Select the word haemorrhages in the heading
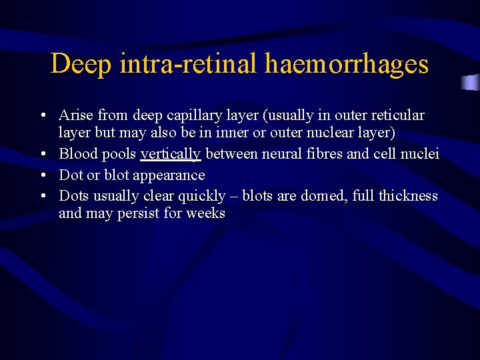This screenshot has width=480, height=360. point(347,65)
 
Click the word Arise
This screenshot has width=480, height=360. point(75,115)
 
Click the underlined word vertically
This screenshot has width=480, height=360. point(171,155)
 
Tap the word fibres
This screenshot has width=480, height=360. point(323,155)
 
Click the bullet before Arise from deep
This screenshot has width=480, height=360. point(43,116)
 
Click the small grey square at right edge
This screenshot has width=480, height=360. point(471,83)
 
